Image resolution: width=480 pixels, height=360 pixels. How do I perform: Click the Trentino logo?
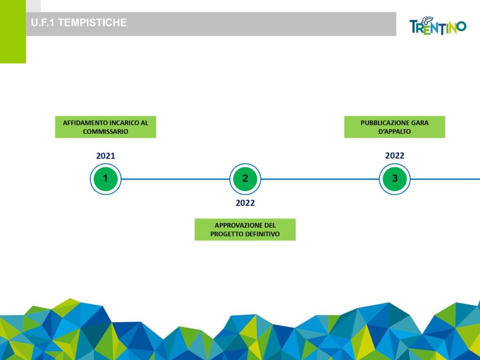pos(438,26)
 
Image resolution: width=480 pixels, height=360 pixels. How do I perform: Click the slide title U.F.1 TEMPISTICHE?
pos(79,23)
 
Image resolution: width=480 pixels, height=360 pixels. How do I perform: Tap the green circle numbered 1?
pos(105,178)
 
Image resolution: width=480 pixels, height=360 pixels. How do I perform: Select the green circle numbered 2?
pos(245,178)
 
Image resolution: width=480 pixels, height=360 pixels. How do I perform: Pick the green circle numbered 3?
pos(395,178)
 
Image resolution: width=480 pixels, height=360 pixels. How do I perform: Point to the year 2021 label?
pos(106,156)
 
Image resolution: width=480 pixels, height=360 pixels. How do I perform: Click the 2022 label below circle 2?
pos(245,203)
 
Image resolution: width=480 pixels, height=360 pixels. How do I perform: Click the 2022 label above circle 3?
pos(395,156)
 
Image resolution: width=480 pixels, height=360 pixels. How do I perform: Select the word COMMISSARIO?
pos(106,131)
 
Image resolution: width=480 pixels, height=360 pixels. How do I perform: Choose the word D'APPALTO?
pos(395,131)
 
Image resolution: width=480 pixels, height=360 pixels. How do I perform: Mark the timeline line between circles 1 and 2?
pos(175,178)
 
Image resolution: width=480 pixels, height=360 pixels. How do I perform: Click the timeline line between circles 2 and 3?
pos(320,178)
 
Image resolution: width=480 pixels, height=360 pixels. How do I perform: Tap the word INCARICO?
pos(120,123)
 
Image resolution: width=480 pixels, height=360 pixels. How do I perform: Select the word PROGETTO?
pos(226,234)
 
